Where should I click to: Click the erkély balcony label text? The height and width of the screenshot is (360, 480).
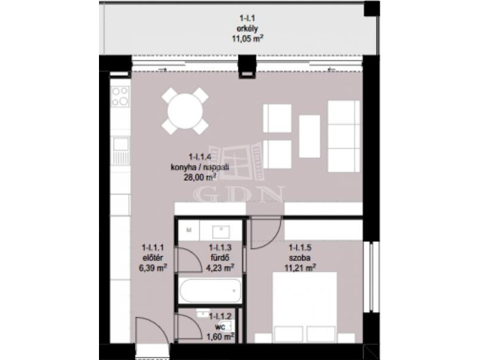coord(247,29)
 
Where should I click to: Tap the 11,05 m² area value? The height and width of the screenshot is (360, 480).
coord(248,38)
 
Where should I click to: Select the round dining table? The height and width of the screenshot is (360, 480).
coord(185,111)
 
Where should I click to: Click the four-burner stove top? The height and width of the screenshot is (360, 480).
coord(119,96)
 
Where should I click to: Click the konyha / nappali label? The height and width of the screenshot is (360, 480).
coord(200,167)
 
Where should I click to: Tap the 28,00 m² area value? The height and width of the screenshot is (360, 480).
coord(200,177)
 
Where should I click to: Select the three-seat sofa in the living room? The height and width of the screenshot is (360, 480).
coord(344,136)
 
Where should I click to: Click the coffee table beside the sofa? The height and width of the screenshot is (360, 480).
coord(310,136)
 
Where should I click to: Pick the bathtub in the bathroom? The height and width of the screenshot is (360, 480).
coord(211,290)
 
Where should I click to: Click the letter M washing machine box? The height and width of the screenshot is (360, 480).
coord(189,230)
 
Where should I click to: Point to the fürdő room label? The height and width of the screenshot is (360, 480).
coord(220,257)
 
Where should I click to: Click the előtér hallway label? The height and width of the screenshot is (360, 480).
coord(152,257)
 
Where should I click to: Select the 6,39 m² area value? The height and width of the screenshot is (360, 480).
coord(153,268)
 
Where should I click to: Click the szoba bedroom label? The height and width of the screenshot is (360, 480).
coord(299,257)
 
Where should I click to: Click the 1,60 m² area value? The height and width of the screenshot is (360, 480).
coord(220,337)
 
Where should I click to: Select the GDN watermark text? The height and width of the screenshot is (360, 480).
coord(239,194)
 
